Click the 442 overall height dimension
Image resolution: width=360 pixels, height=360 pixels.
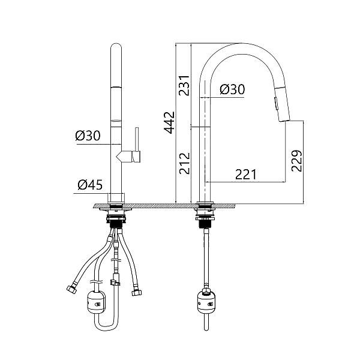tap(170, 122)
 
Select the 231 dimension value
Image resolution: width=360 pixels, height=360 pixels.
tap(185, 85)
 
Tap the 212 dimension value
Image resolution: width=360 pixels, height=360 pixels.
tap(185, 163)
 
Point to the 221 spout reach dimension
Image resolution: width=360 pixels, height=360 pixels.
tap(245, 175)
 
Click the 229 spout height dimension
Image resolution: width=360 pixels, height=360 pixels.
tap(296, 161)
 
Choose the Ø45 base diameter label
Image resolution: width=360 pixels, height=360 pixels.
tap(90, 185)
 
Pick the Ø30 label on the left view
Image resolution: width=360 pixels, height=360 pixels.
tap(88, 136)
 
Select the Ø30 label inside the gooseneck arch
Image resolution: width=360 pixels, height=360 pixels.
tap(232, 89)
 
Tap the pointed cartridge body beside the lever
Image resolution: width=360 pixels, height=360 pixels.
tap(125, 157)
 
